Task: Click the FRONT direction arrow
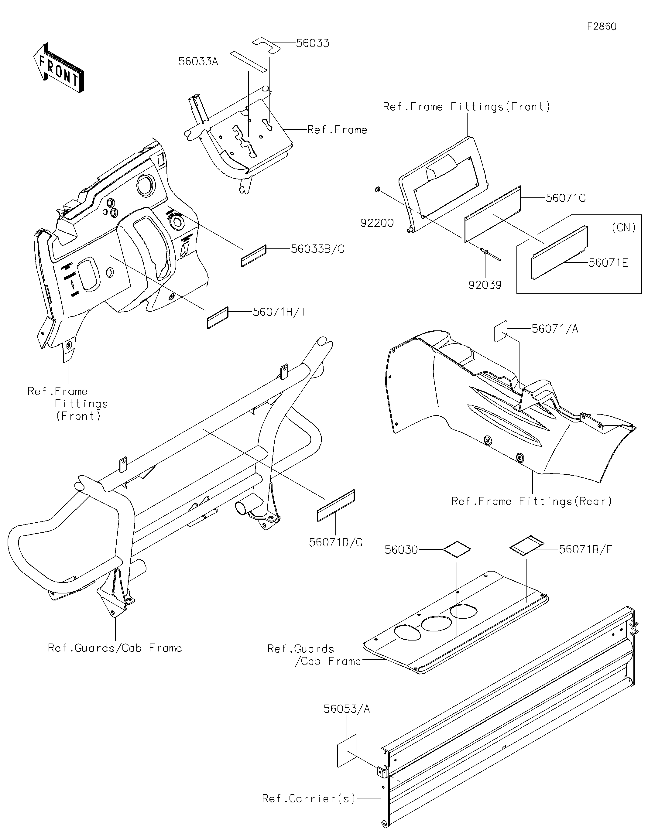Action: click(x=59, y=68)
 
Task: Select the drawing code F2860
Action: click(x=602, y=26)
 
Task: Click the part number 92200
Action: click(x=377, y=223)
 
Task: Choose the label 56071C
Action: click(x=566, y=198)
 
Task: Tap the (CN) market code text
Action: click(x=624, y=228)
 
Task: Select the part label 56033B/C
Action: click(x=317, y=249)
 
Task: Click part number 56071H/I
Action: click(x=279, y=312)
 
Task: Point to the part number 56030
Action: click(x=401, y=550)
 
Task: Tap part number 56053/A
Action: click(x=347, y=709)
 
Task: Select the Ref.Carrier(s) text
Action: click(x=309, y=798)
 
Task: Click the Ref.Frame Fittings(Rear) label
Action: click(x=531, y=501)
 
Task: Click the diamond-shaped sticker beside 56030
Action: click(x=457, y=548)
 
